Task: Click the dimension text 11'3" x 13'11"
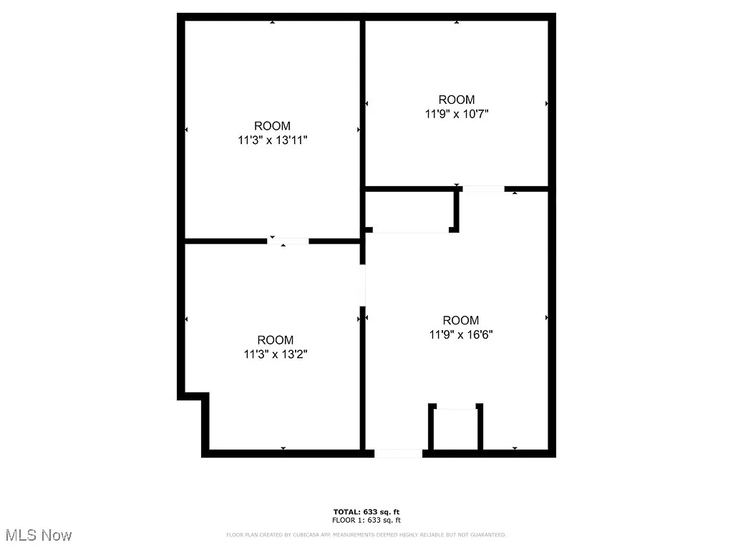click(x=272, y=140)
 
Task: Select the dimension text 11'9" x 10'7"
click(x=457, y=113)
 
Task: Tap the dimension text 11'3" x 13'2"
click(x=276, y=353)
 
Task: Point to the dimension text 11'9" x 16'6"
click(x=461, y=334)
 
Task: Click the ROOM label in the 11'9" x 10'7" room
click(x=457, y=100)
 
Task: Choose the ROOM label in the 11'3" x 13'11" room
click(x=272, y=126)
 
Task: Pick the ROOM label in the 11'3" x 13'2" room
click(x=276, y=339)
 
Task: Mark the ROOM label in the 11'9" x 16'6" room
click(x=461, y=320)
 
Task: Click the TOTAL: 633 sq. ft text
click(x=366, y=511)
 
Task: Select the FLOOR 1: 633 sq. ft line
click(x=366, y=521)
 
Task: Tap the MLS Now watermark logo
click(x=39, y=535)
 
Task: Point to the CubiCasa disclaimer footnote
click(x=366, y=535)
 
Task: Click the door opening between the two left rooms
click(x=288, y=241)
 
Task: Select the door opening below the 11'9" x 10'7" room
click(x=483, y=189)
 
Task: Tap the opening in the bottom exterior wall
click(x=399, y=453)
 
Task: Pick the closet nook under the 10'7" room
click(x=409, y=211)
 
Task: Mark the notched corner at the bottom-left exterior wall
click(x=194, y=396)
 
